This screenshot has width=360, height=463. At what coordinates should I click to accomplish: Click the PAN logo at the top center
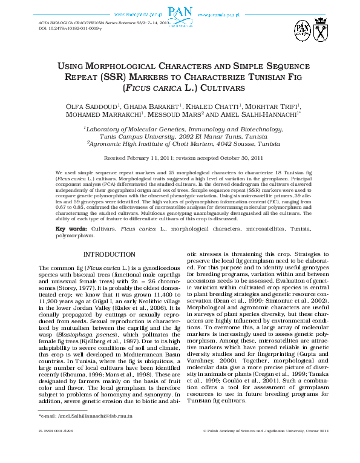(180, 11)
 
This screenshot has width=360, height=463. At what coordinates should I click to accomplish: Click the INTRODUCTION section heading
(109, 254)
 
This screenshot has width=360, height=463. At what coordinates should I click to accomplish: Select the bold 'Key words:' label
(71, 229)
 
